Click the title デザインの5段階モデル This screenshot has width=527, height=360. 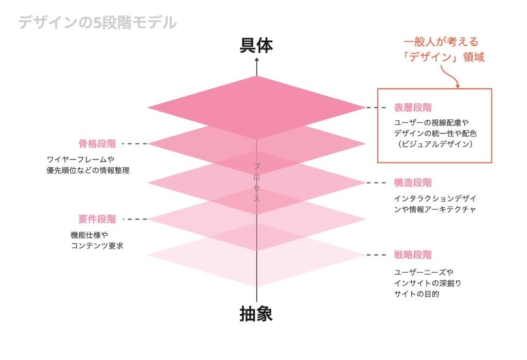click(97, 23)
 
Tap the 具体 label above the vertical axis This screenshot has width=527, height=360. click(256, 46)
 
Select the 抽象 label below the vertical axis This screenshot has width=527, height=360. click(256, 313)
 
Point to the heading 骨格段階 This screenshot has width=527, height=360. click(97, 143)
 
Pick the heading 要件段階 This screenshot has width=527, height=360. click(97, 219)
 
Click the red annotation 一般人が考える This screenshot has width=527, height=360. click(444, 42)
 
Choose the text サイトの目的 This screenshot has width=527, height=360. click(417, 295)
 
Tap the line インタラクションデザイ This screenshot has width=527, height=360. click(435, 198)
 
